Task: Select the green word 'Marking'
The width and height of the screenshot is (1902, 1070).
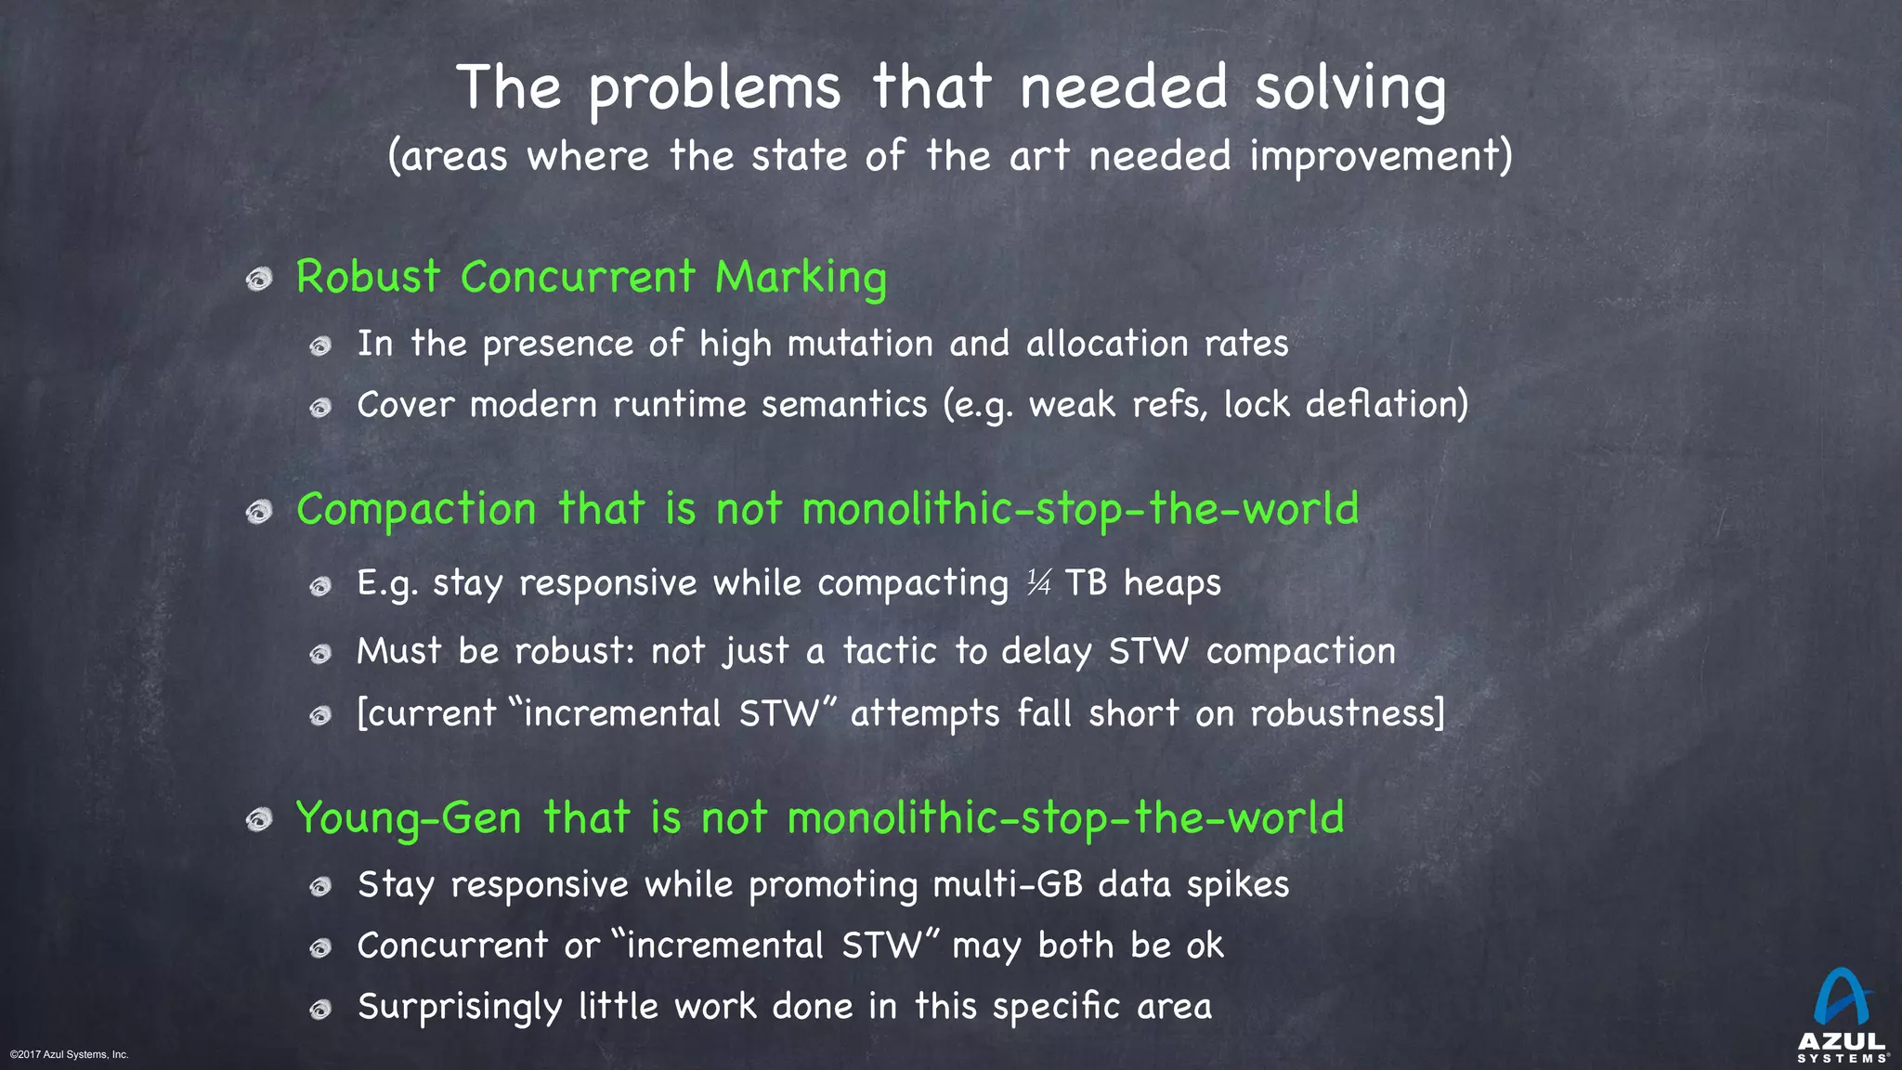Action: point(801,279)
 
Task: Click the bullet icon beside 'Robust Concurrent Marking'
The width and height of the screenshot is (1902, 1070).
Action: point(259,279)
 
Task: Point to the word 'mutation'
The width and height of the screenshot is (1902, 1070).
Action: point(860,344)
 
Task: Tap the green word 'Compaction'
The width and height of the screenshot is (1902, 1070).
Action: point(416,509)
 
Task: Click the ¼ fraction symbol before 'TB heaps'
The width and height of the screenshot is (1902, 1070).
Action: point(1038,583)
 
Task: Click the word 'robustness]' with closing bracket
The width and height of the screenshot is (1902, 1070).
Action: point(1348,713)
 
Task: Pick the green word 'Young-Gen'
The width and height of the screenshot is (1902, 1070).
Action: point(409,818)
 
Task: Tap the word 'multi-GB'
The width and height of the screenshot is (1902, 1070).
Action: point(1008,884)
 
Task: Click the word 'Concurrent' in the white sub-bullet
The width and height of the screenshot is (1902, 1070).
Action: point(452,946)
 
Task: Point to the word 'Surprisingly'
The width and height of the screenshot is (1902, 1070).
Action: point(460,1008)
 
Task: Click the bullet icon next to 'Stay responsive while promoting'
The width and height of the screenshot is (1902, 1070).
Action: point(320,886)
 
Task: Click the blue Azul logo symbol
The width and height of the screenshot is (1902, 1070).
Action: point(1841,998)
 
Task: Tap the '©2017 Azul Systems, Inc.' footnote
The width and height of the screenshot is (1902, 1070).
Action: point(70,1054)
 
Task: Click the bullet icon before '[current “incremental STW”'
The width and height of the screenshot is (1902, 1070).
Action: point(320,715)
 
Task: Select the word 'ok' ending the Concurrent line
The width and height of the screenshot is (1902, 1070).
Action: point(1205,946)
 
